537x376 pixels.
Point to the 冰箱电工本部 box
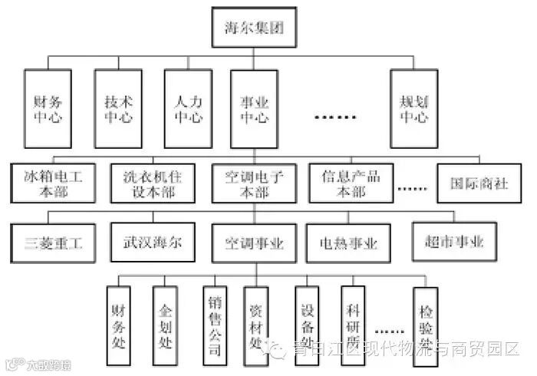[53, 183]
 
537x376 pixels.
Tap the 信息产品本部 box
[350, 183]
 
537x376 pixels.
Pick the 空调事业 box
[255, 243]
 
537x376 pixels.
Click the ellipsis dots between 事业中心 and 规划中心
[336, 117]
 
